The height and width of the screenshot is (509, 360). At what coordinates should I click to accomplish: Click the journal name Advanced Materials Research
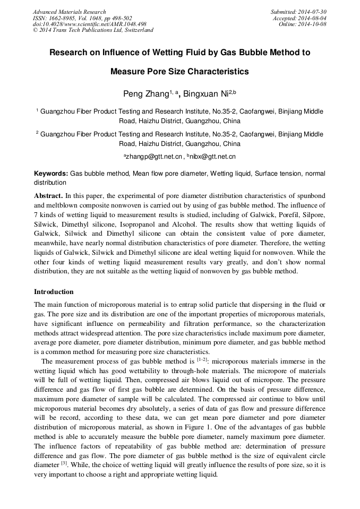click(x=69, y=12)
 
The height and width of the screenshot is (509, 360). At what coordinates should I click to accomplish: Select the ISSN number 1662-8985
click(x=64, y=18)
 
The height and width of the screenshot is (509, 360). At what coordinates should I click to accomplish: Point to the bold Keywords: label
click(x=51, y=174)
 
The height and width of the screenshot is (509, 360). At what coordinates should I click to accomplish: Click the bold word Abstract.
click(x=48, y=195)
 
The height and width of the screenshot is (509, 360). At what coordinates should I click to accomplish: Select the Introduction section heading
click(x=54, y=292)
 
